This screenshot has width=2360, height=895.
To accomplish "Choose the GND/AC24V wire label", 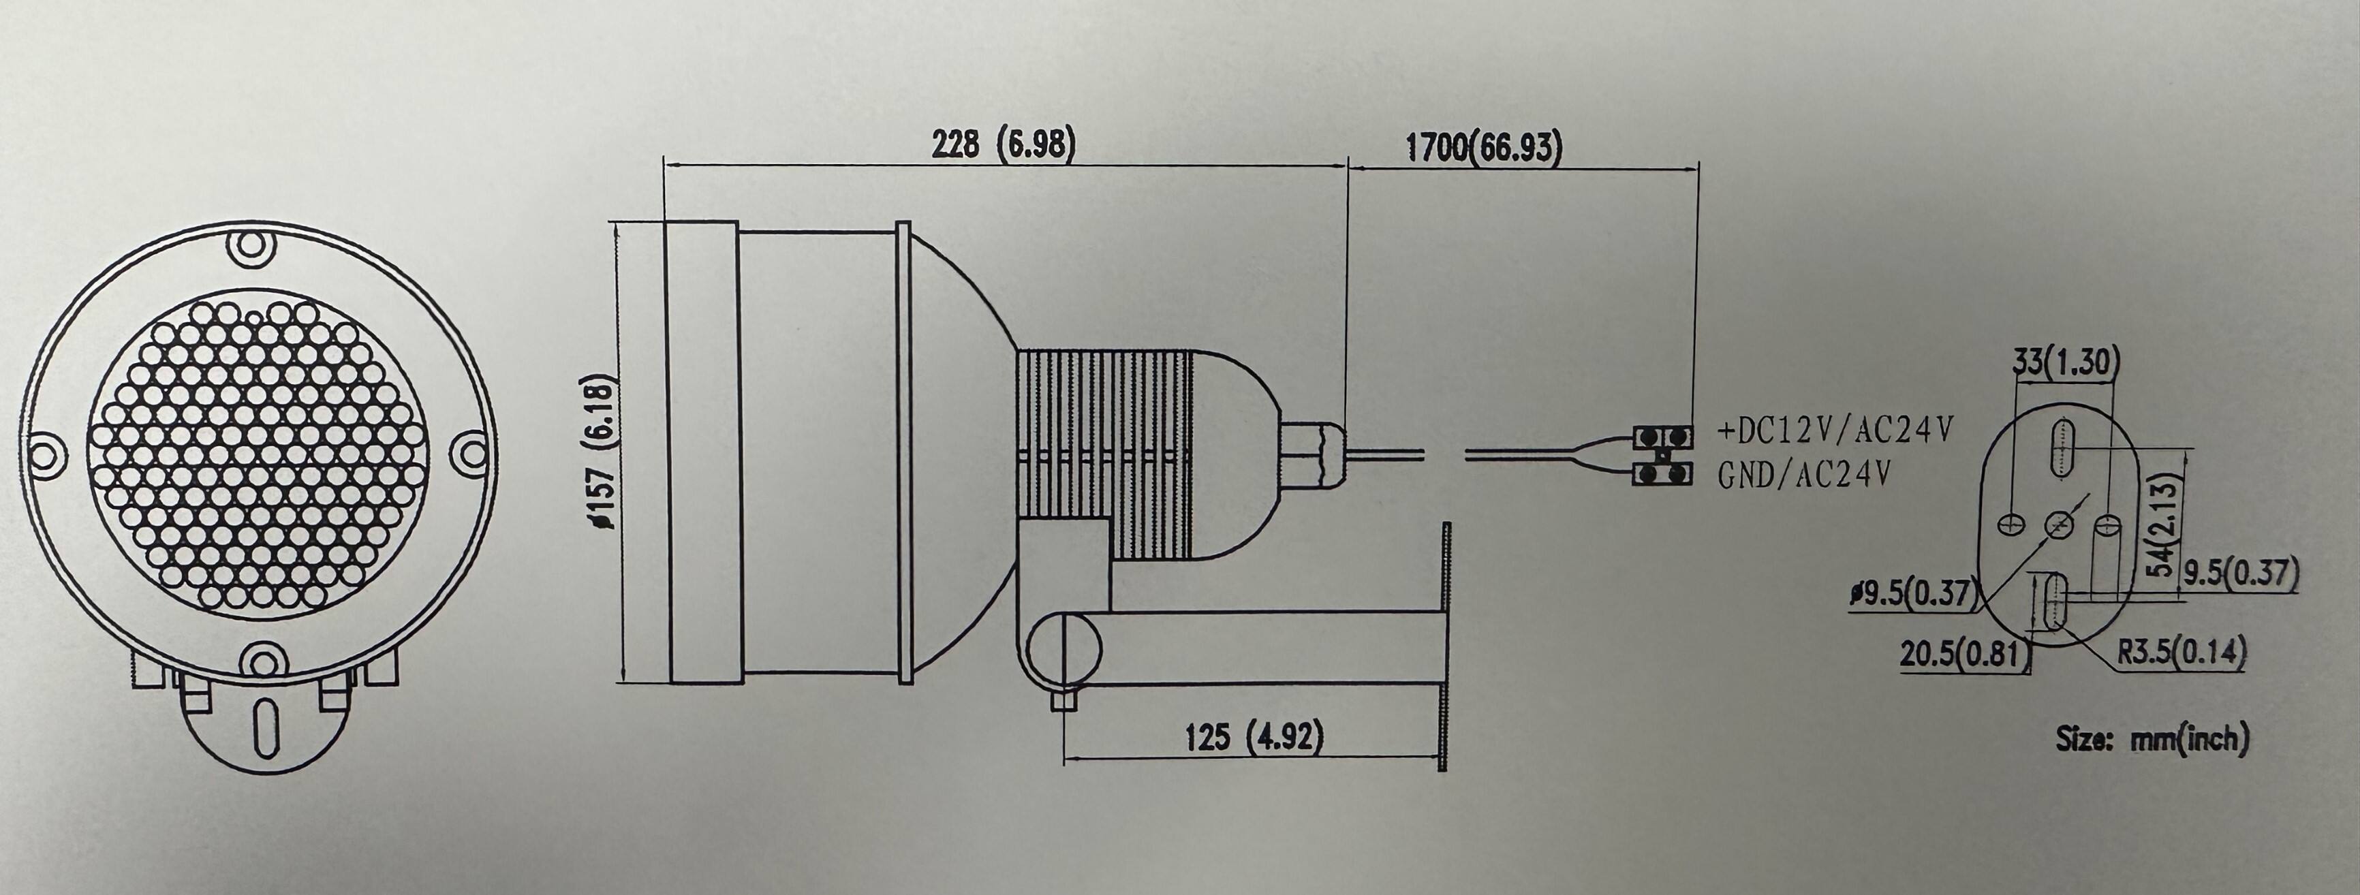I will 1803,475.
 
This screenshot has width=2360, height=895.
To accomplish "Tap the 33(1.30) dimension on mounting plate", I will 2066,364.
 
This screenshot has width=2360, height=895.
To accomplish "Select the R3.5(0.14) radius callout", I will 2182,653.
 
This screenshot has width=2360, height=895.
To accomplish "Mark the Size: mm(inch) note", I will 2151,738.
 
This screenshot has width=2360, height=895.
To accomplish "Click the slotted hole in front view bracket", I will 266,728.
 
